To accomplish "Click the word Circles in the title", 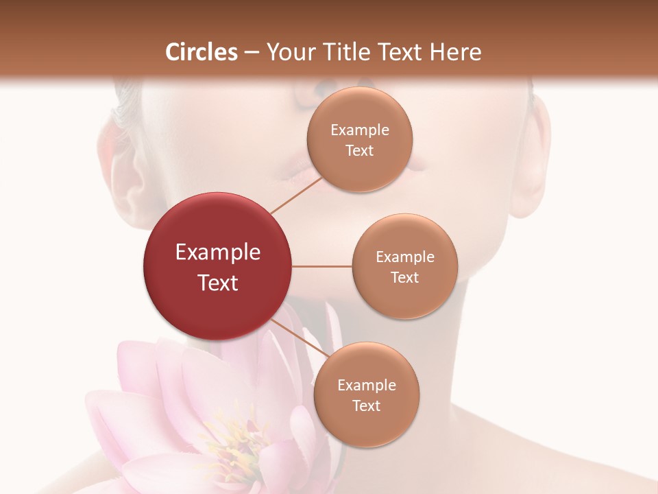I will [202, 52].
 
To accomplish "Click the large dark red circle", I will [217, 266].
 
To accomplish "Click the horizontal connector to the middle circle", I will [322, 266].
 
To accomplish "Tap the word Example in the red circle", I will [218, 252].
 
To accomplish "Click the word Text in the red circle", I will [218, 283].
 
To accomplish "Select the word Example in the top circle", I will [360, 130].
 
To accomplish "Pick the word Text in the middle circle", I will [404, 277].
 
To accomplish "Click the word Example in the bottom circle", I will [367, 386].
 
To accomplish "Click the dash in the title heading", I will [252, 53].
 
